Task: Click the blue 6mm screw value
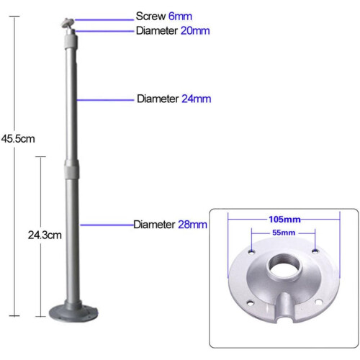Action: point(180,17)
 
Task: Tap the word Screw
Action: point(150,17)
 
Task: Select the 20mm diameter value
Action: point(195,31)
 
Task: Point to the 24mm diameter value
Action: point(197,99)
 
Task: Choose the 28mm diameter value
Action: point(192,225)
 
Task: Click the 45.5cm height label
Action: point(18,139)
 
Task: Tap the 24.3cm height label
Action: point(45,235)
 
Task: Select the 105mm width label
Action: point(284,220)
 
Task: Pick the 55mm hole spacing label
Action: point(284,233)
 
